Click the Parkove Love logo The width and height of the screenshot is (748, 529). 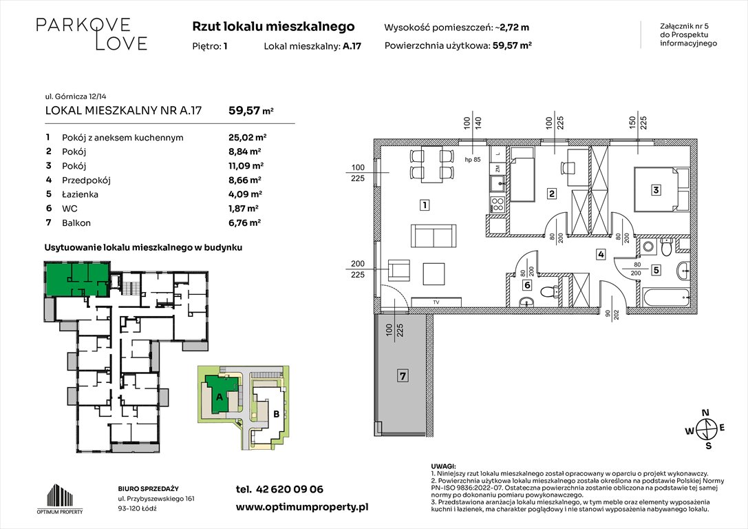click(92, 34)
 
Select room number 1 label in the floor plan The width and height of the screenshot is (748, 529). click(426, 205)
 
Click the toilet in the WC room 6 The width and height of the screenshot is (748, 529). click(548, 291)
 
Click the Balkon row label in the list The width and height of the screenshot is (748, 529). click(76, 222)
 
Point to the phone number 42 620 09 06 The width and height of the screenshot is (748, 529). click(279, 490)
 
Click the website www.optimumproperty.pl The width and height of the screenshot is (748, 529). click(302, 506)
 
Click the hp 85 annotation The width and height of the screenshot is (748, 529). click(472, 161)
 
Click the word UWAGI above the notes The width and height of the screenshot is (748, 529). click(443, 466)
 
